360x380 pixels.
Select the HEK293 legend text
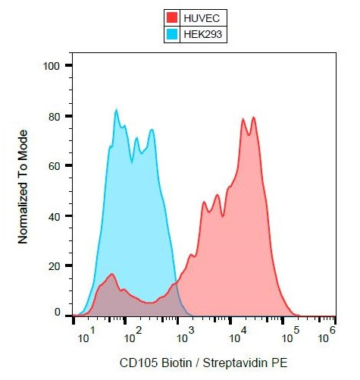[x=204, y=33]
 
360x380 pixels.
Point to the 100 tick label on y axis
[x=52, y=66]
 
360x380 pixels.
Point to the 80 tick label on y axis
[x=55, y=116]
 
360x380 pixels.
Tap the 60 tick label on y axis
[x=55, y=166]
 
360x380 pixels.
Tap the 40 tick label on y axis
[x=55, y=216]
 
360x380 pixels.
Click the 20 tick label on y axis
[x=55, y=266]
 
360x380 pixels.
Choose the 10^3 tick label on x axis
[x=186, y=331]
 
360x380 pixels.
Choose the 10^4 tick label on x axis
[x=236, y=331]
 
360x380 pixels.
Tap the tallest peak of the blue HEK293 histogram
[x=117, y=111]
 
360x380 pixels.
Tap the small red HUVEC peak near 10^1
[x=112, y=275]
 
